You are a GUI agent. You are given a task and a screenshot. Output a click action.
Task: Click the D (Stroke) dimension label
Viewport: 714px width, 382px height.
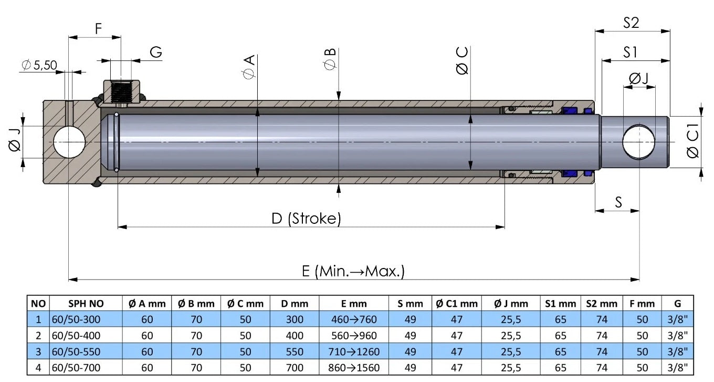(x=307, y=218)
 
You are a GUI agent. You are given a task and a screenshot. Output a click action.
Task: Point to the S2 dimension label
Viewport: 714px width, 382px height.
(x=631, y=23)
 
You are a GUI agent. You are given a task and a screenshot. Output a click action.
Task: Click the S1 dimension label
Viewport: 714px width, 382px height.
(x=631, y=52)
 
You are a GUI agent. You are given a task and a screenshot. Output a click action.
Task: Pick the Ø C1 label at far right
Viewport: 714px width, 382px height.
(x=692, y=142)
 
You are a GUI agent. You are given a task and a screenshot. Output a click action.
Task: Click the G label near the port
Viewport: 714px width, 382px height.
(x=155, y=53)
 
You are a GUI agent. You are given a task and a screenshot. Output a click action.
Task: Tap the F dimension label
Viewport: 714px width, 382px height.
(x=98, y=29)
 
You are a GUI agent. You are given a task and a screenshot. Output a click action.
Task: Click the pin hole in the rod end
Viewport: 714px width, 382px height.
(x=639, y=142)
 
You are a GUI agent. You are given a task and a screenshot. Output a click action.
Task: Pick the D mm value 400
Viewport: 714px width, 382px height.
(x=295, y=335)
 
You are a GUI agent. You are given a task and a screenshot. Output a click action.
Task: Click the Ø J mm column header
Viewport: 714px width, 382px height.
(x=511, y=303)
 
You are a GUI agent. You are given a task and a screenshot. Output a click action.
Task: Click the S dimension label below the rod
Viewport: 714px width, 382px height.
(x=618, y=202)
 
